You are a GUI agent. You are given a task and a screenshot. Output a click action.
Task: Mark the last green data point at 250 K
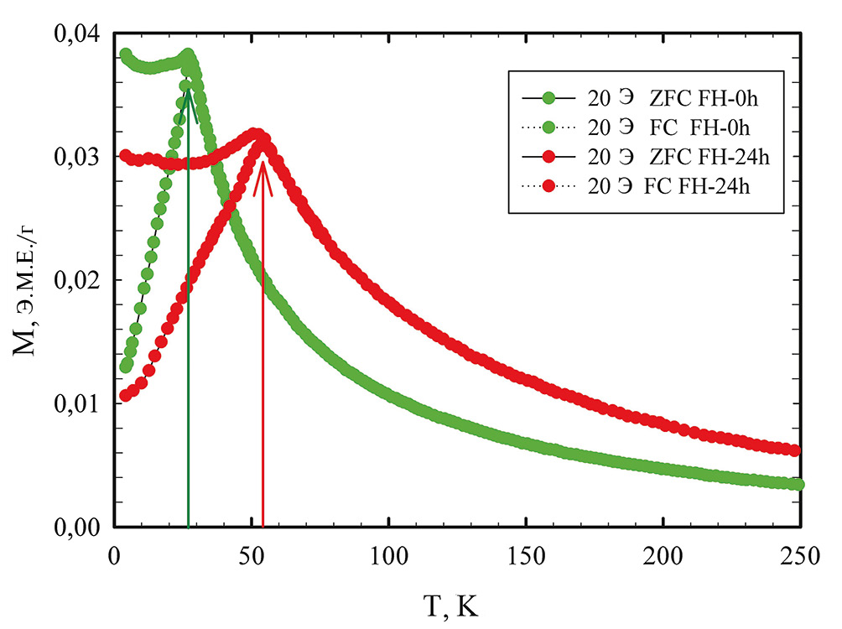click(x=798, y=485)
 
